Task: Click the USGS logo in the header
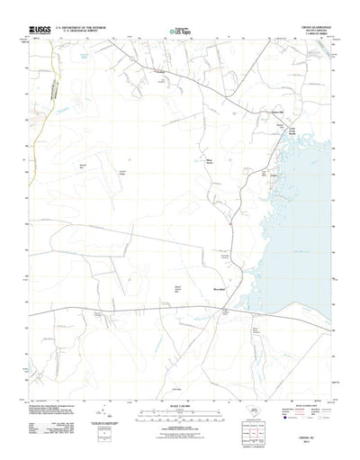pos(40,31)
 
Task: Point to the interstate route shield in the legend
pos(286,418)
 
